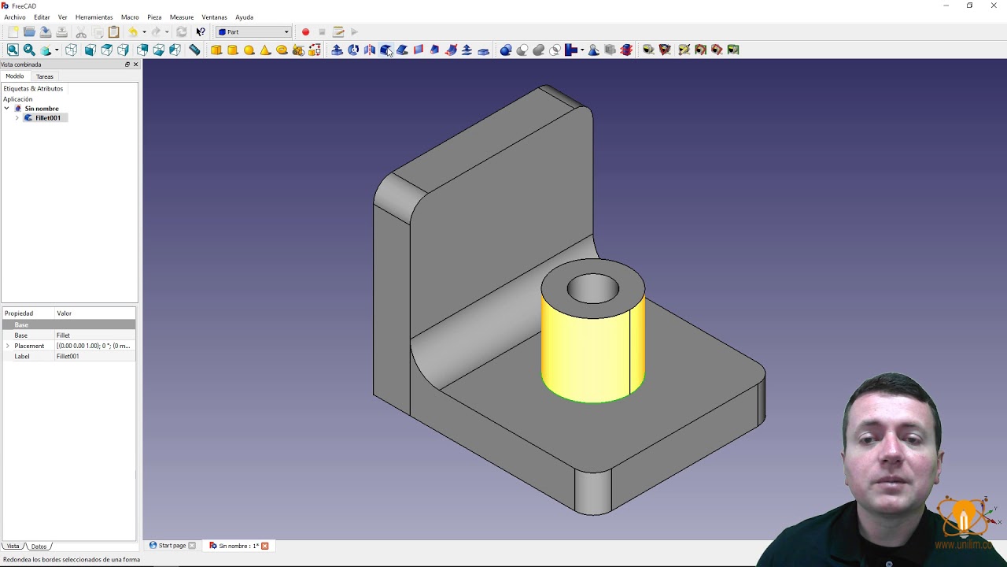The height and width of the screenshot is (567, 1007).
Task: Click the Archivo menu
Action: [15, 17]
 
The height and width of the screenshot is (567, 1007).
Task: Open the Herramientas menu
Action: [94, 17]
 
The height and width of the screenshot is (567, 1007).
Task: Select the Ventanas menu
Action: [214, 17]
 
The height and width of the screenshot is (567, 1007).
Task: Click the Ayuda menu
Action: [244, 17]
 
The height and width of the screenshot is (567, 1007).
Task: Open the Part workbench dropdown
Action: [254, 32]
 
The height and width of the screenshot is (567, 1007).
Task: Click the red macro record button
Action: [305, 32]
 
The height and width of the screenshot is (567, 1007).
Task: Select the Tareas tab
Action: [45, 76]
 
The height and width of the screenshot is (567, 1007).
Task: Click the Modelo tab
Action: [15, 76]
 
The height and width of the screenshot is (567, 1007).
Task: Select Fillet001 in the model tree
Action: [47, 118]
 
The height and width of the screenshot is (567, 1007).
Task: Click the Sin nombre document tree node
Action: [41, 109]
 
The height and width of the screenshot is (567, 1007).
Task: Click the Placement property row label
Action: [29, 346]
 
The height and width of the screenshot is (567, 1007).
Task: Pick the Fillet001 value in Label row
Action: [68, 357]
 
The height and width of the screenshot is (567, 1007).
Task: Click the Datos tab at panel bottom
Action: [39, 547]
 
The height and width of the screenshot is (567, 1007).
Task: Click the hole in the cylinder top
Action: [592, 289]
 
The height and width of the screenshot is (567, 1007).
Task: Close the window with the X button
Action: [994, 6]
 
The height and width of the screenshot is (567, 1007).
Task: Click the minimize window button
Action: [946, 6]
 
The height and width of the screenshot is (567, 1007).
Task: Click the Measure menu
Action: [182, 17]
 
